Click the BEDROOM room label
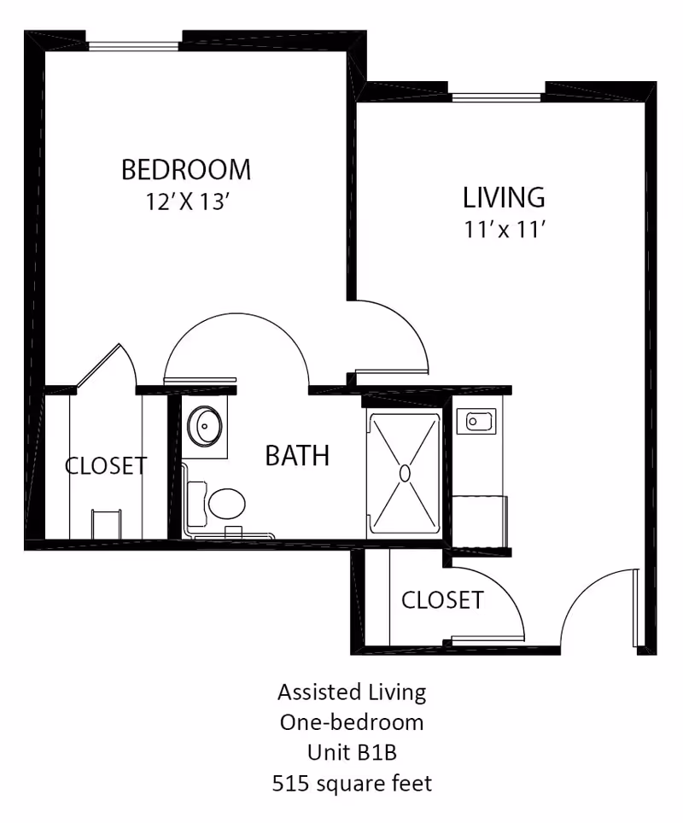tap(186, 169)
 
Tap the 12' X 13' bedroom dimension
tap(186, 203)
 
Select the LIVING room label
tap(504, 197)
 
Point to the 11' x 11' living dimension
tap(504, 231)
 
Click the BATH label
tap(297, 456)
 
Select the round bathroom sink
tap(206, 424)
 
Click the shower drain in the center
tap(405, 472)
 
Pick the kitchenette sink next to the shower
tap(476, 420)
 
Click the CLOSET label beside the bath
tap(106, 466)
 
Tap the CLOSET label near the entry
tap(442, 600)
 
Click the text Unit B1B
tap(353, 752)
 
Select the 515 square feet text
tap(353, 783)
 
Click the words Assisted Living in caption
tap(353, 691)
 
